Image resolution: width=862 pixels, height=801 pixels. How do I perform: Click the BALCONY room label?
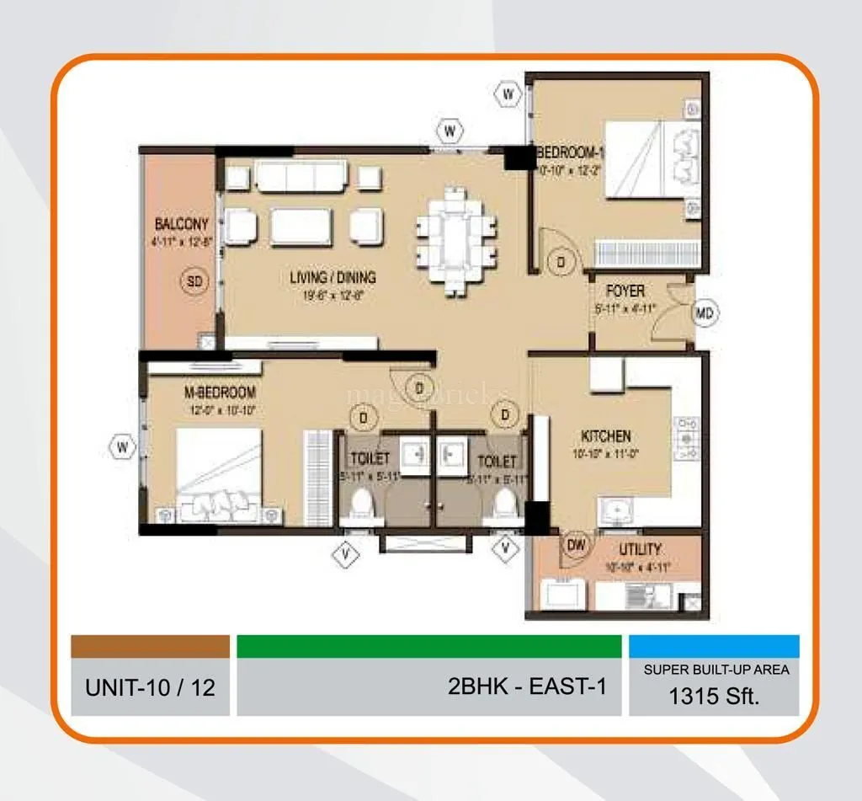(x=181, y=225)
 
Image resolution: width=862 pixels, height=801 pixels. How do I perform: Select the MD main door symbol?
(x=705, y=314)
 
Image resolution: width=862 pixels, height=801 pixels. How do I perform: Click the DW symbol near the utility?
(x=576, y=546)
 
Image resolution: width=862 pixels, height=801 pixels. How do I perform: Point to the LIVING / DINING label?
(x=333, y=277)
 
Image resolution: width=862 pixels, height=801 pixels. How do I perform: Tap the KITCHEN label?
(x=605, y=436)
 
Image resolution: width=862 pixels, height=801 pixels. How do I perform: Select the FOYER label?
(x=625, y=291)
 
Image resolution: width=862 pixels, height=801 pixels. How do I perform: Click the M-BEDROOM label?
(x=221, y=392)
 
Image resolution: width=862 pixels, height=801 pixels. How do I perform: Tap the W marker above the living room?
(x=451, y=130)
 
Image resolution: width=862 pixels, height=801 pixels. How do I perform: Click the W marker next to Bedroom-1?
(x=508, y=94)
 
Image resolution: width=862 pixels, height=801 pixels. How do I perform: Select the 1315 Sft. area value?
(x=714, y=696)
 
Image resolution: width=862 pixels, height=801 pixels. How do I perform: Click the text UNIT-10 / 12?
(x=150, y=687)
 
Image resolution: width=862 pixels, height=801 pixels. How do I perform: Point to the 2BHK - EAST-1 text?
(x=527, y=686)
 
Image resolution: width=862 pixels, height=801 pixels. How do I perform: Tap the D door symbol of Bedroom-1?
(x=561, y=262)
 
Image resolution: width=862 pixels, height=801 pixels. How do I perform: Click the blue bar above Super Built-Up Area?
(x=714, y=647)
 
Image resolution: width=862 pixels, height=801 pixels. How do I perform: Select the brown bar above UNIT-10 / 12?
(x=150, y=647)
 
